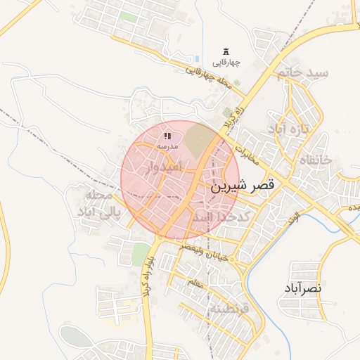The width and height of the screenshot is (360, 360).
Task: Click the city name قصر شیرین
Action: pos(244,187)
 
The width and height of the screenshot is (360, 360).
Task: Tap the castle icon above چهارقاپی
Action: pos(226,51)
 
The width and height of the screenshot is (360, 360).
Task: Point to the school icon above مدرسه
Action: pos(167,135)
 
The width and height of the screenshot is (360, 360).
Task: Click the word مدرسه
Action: pos(167,146)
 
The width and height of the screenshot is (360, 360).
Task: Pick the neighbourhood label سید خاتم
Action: pos(302,72)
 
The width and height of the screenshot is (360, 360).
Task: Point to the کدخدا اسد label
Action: pos(222,218)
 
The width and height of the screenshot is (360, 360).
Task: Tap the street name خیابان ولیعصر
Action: pos(204,254)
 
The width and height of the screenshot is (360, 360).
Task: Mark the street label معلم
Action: pos(195,283)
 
